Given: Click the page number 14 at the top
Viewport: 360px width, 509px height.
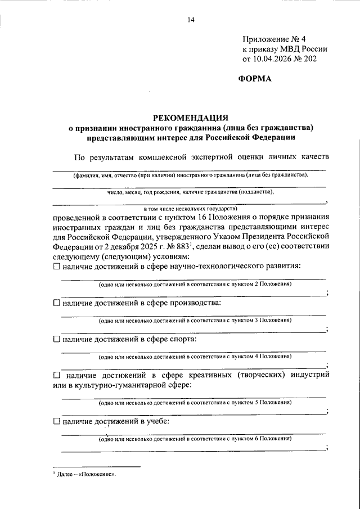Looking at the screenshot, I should (x=191, y=21).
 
